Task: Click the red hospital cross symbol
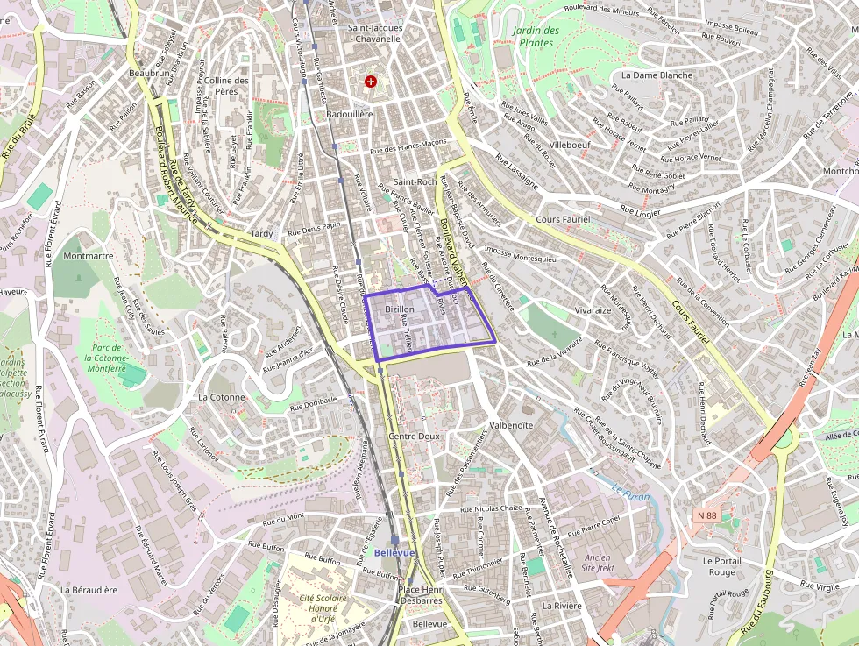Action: [x=371, y=82]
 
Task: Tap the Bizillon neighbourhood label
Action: [x=399, y=309]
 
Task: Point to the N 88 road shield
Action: [x=707, y=515]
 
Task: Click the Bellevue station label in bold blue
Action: [x=394, y=553]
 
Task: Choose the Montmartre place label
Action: [x=89, y=256]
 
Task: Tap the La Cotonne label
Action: [x=222, y=396]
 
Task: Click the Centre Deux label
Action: [x=414, y=436]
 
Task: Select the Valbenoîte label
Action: [x=511, y=425]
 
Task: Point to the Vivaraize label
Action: [x=593, y=310]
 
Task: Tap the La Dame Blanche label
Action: [x=657, y=75]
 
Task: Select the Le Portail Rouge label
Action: [x=721, y=566]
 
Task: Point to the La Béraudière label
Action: [x=89, y=590]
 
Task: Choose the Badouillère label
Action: [x=350, y=114]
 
